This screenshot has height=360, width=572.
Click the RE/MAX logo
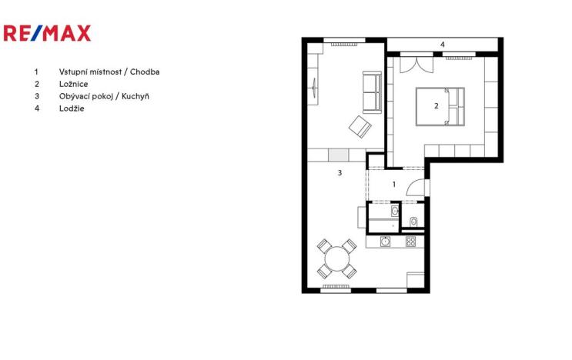click(47, 33)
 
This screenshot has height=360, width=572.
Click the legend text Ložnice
click(71, 84)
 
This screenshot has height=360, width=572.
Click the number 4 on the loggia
click(442, 45)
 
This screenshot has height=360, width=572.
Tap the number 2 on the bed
click(436, 106)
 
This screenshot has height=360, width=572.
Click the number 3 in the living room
click(340, 173)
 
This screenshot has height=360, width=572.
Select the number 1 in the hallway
click(394, 185)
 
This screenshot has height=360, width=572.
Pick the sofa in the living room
click(372, 92)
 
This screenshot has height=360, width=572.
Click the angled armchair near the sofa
click(359, 125)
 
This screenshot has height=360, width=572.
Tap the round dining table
click(336, 258)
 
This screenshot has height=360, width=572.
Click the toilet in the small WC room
click(413, 222)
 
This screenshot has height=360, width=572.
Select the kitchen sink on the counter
click(386, 242)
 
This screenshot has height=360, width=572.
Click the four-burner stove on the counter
click(410, 242)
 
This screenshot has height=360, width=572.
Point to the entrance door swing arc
click(415, 188)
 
